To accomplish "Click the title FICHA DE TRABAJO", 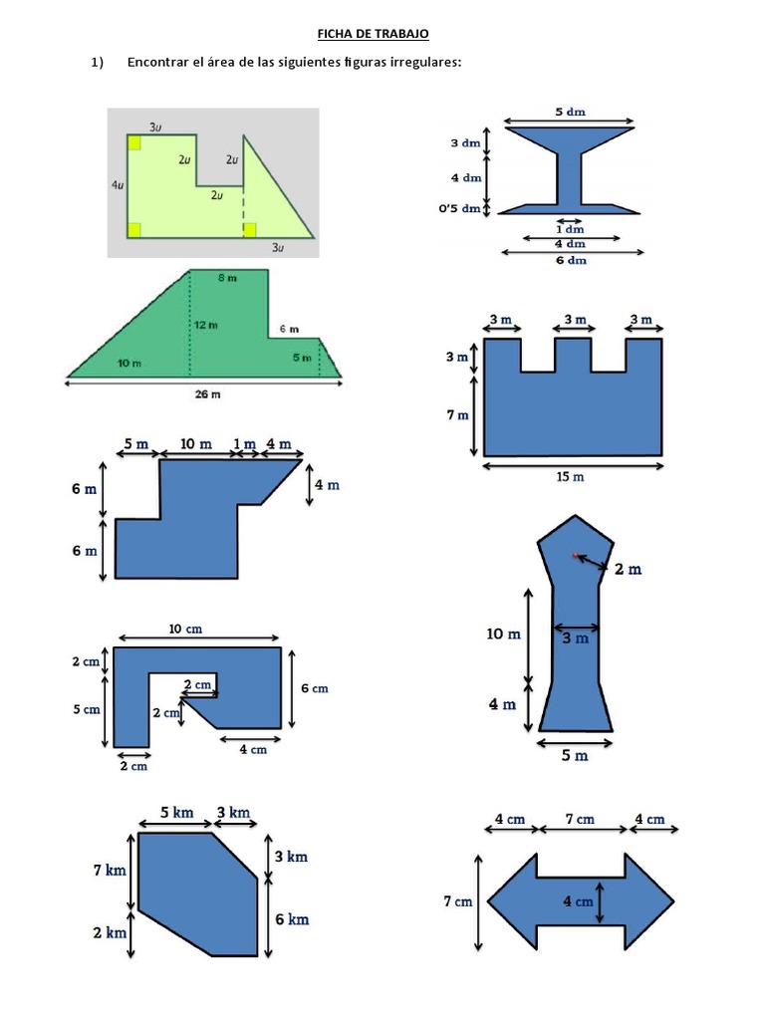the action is point(373,34).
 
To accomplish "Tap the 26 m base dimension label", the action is point(207,394).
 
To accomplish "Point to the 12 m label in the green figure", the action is point(205,325).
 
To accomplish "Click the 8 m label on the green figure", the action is point(228,278).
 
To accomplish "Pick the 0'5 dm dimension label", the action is point(459,209).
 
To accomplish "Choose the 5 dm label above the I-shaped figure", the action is point(570,112).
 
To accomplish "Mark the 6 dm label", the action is point(571,260).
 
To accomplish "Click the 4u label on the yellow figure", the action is point(118,184).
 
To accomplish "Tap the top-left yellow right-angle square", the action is point(134,142).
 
